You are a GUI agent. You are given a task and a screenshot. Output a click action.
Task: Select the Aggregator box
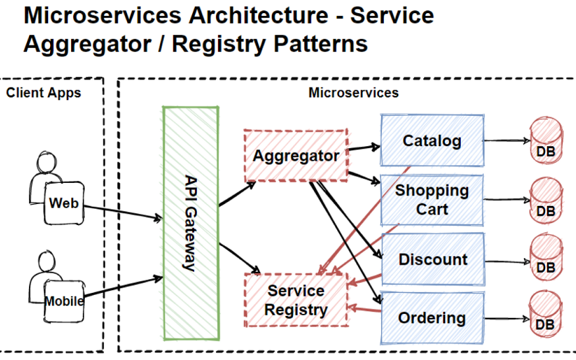pos(296,156)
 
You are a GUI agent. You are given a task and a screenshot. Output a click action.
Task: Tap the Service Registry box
pos(296,300)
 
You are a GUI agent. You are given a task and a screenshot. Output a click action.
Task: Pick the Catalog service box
pos(432,141)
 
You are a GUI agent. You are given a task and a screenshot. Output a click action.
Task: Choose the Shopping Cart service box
pos(432,199)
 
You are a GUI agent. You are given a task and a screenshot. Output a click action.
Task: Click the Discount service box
pos(432,259)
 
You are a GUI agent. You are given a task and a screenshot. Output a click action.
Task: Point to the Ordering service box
pos(432,318)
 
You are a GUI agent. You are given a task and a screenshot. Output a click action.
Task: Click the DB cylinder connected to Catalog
pos(546,141)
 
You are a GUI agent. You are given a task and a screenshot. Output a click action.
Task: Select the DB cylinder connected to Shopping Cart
pos(546,201)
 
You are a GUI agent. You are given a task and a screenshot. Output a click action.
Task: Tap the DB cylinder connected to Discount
pos(546,259)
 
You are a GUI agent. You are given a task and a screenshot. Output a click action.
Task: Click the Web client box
pos(63,202)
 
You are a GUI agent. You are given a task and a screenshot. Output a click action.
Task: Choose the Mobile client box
pos(64,301)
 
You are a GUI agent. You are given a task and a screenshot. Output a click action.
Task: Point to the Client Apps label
pos(43,93)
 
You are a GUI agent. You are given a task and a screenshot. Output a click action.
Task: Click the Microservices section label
pos(353,93)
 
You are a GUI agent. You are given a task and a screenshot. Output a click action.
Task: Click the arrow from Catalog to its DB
pos(506,140)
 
